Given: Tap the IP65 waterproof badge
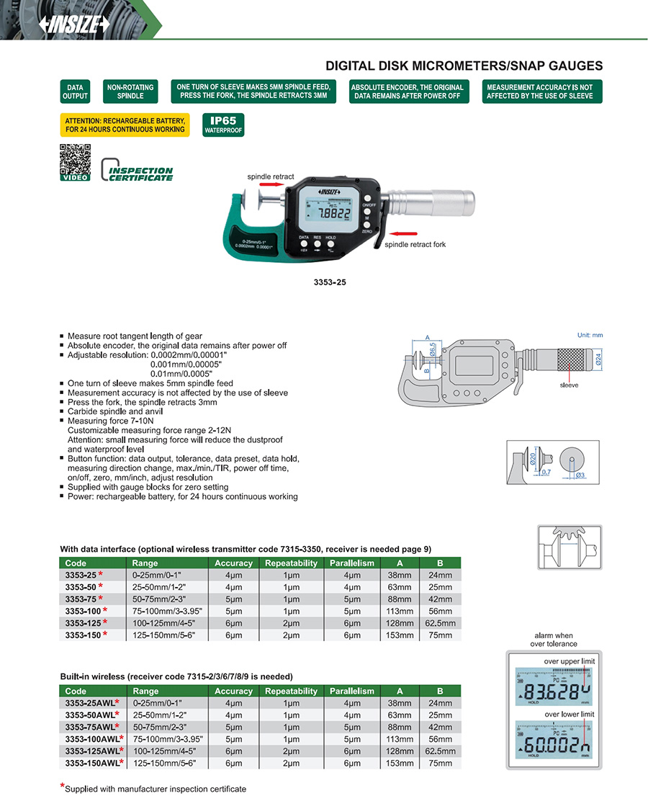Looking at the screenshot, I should click(223, 125).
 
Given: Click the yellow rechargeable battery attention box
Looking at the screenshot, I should click(125, 125).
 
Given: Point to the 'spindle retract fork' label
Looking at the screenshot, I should click(415, 245).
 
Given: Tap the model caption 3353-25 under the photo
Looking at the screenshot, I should click(331, 282).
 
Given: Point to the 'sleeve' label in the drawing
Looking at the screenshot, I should click(570, 386).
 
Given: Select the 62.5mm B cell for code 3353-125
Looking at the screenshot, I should click(440, 622).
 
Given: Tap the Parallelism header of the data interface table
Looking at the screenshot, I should click(352, 563).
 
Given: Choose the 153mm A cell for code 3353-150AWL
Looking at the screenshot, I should click(400, 762).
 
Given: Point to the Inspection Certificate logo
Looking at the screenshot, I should click(138, 170).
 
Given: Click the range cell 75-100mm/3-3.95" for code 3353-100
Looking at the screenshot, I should click(167, 610).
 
